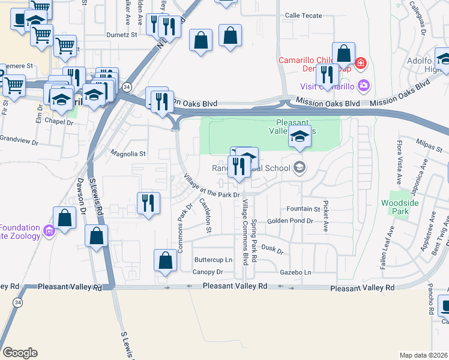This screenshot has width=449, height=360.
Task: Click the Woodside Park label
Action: pyautogui.click(x=395, y=207)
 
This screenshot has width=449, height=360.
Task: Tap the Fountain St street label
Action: pyautogui.click(x=304, y=209)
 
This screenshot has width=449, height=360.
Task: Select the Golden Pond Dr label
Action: pyautogui.click(x=291, y=221)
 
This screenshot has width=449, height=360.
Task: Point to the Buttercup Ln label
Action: pyautogui.click(x=213, y=260)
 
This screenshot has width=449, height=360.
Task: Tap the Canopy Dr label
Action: pyautogui.click(x=208, y=272)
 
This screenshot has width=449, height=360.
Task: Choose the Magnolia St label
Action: pyautogui.click(x=128, y=154)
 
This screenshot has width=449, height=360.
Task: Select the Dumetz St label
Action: pyautogui.click(x=122, y=35)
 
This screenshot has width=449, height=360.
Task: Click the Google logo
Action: pyautogui.click(x=20, y=352)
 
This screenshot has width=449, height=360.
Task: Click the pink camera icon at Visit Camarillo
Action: pyautogui.click(x=363, y=85)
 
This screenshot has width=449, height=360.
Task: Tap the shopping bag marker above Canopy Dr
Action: pyautogui.click(x=165, y=261)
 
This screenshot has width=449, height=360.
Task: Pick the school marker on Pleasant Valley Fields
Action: pyautogui.click(x=300, y=136)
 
